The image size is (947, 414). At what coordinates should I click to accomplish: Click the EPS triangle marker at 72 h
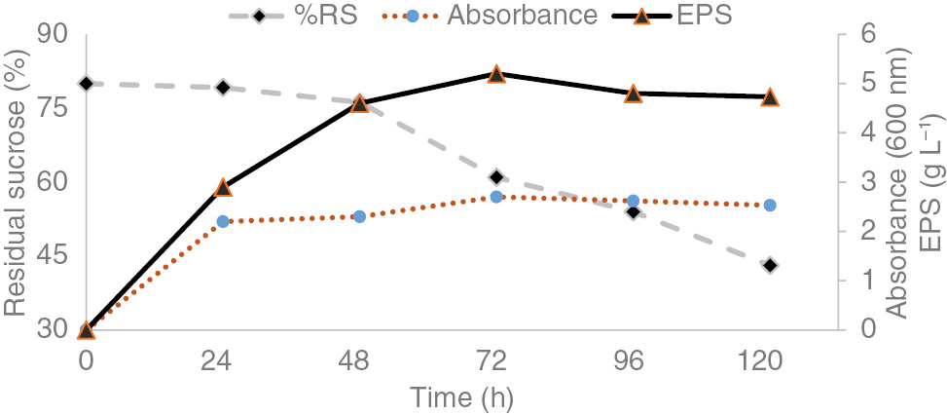496,75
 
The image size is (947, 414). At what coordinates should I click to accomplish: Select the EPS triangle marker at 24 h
223,187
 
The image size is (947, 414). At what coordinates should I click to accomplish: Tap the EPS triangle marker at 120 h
770,97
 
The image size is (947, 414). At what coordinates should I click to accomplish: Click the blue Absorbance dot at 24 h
223,221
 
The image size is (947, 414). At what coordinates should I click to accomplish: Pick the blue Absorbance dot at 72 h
496,197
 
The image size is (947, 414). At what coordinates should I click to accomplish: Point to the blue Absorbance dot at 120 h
770,206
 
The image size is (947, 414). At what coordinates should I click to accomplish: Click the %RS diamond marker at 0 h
87,84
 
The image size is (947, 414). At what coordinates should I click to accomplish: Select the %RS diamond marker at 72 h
496,177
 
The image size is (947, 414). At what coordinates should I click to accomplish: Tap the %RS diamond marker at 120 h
770,265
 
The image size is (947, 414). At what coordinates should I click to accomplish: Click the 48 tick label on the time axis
359,362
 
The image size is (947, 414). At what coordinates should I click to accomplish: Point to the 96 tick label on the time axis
633,362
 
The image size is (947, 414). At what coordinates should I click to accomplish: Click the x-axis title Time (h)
460,397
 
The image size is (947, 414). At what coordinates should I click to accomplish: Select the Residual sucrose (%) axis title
16,182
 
